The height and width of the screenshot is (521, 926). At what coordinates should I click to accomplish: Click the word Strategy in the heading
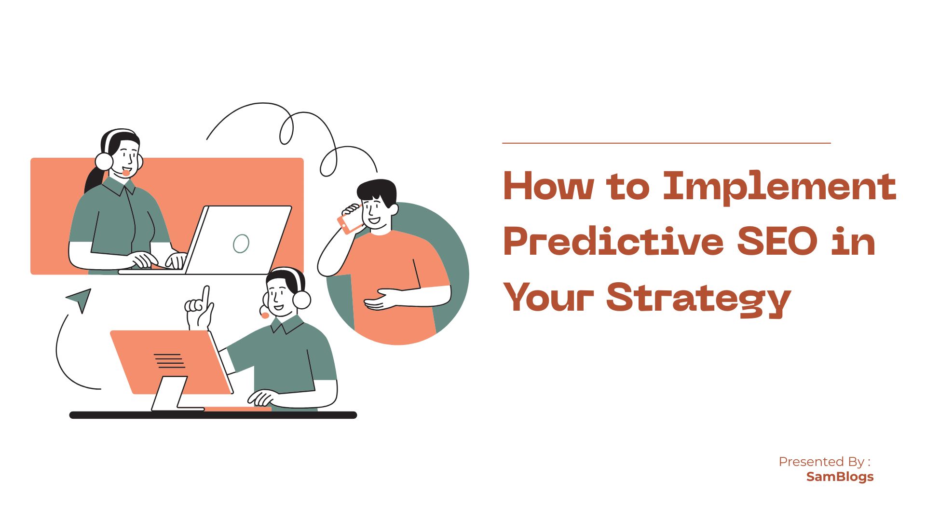point(699,298)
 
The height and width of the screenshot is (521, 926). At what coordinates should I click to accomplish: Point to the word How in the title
point(548,186)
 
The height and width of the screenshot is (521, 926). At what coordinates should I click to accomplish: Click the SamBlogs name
point(840,477)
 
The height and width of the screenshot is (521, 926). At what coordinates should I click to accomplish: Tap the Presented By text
point(824,462)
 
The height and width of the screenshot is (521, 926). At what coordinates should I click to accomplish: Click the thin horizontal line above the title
point(666,143)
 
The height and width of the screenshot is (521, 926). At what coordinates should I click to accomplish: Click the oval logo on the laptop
point(241,244)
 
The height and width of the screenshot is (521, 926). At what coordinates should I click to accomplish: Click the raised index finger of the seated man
point(206,296)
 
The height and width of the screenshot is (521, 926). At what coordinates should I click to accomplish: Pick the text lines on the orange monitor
point(169,360)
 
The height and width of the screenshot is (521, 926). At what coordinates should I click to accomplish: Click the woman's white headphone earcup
point(104,161)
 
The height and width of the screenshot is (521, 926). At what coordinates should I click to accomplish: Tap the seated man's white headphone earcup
point(302,300)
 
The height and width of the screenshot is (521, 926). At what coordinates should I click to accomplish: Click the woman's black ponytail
point(93,179)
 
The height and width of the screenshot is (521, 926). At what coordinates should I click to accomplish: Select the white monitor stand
point(170,394)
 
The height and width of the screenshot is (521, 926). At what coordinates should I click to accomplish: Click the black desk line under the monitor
point(213,415)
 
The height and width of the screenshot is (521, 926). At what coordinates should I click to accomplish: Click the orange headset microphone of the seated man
point(265,315)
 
